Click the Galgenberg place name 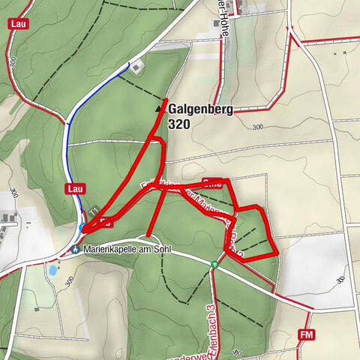(200, 109)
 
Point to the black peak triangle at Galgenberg (158, 109)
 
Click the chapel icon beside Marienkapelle (75, 250)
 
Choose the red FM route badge (305, 334)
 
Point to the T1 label (94, 213)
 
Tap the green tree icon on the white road (214, 264)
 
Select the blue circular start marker (82, 226)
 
